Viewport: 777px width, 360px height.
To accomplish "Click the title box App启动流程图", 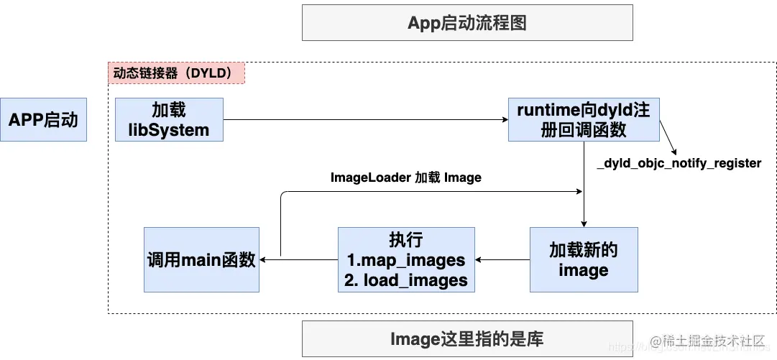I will pos(467,22).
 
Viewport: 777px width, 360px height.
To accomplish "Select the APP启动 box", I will pos(43,119).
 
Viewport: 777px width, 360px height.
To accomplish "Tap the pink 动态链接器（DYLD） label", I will pos(176,73).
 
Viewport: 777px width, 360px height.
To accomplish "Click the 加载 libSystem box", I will pos(169,119).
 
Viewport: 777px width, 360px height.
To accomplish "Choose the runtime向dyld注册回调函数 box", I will pos(583,119).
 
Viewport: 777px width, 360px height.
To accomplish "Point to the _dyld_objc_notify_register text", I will pos(679,163).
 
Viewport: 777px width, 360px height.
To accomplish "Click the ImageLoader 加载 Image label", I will pos(405,177).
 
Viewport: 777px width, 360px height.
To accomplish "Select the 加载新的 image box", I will pos(583,259).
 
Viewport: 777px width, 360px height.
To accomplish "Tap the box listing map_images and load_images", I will pos(406,259).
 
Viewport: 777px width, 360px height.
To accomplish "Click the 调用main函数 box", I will pos(201,259).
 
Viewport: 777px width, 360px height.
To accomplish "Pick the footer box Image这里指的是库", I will pos(467,338).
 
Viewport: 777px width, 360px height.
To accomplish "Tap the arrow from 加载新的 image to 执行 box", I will pos(502,259).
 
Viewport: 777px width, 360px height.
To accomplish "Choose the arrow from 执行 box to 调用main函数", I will pos(298,259).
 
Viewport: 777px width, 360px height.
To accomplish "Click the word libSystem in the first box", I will pos(169,130).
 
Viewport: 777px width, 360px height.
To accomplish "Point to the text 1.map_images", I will pos(406,259).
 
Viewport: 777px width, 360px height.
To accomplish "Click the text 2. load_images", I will pos(406,280).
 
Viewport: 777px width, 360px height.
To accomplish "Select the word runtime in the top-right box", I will pos(546,110).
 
